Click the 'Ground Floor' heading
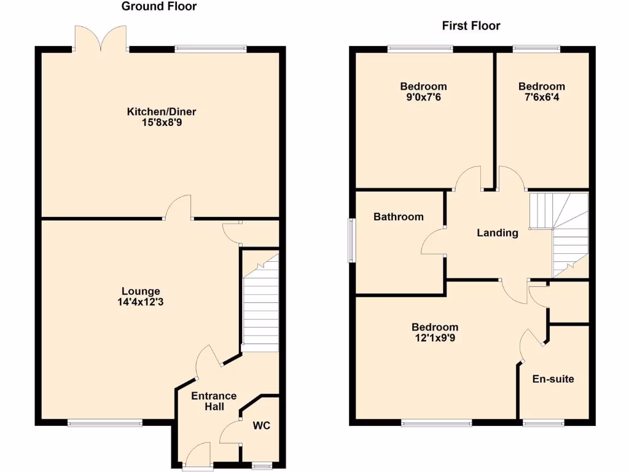pos(159,7)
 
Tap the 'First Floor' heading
pos(471,26)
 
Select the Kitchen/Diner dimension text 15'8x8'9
pos(161,122)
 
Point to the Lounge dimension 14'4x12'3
pos(141,302)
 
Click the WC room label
pos(262,425)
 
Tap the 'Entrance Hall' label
pos(214,401)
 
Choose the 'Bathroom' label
pos(399,216)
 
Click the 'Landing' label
pos(498,232)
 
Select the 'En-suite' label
pos(553,379)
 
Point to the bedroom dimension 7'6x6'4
pos(541,97)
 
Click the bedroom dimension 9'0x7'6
pos(423,97)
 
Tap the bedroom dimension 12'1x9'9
pos(435,337)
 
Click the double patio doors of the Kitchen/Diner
pos(101,38)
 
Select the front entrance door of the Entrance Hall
pos(198,457)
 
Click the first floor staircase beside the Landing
pos(562,234)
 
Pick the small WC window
pos(262,466)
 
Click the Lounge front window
pos(105,422)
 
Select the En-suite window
pos(543,423)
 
